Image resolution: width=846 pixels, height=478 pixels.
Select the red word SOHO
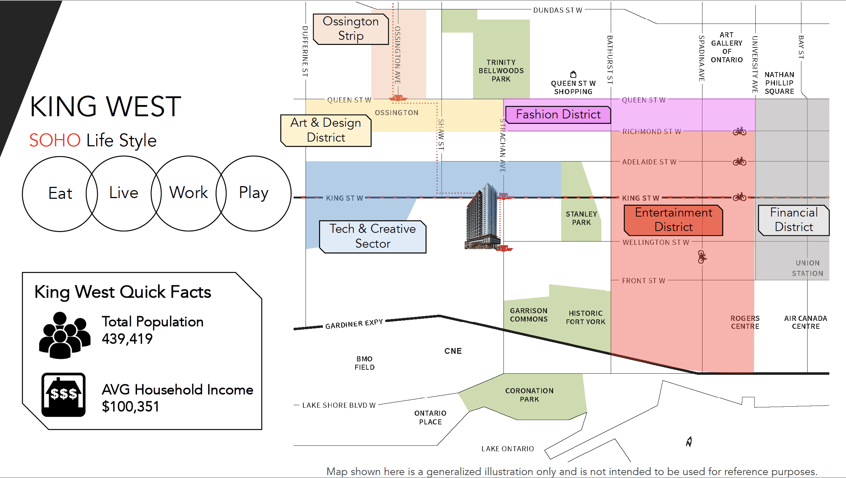point(55,140)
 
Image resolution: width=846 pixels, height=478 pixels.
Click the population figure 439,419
point(127,339)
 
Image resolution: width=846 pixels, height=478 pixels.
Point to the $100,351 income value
point(130,407)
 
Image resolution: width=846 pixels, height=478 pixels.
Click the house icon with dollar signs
point(63,395)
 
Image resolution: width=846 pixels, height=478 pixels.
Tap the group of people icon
point(65,335)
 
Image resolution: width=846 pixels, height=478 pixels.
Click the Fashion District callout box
point(558,114)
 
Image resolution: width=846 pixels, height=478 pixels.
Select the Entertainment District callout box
point(673,220)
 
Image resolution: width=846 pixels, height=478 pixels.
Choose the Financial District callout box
point(794,220)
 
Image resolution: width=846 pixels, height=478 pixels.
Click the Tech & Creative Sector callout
point(373,236)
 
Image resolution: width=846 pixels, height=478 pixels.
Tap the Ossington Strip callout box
point(351,29)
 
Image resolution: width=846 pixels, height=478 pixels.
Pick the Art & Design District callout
point(326,130)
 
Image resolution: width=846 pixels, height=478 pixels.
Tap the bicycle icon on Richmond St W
point(739,131)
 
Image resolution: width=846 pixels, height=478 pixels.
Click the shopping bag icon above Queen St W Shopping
point(573,74)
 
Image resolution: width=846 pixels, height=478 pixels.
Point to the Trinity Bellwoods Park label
point(501,71)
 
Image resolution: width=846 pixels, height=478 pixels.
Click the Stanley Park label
point(581,218)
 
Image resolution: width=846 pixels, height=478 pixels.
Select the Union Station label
point(808,268)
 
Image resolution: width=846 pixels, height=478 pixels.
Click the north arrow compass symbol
point(689,441)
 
